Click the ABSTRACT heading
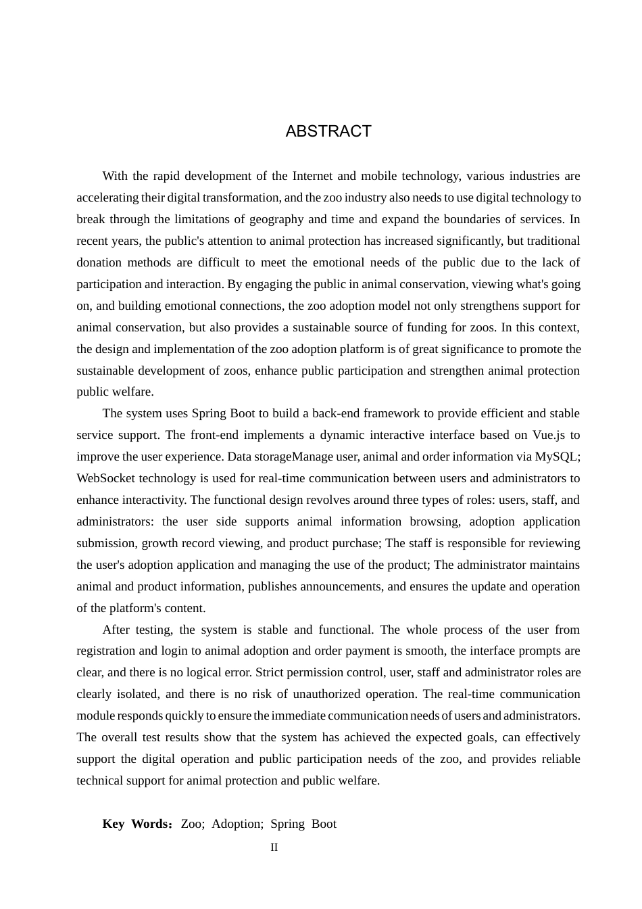(328, 131)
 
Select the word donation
(99, 262)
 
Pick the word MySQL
(556, 457)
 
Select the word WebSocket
(107, 478)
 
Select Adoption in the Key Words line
(237, 824)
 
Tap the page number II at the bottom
(274, 847)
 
